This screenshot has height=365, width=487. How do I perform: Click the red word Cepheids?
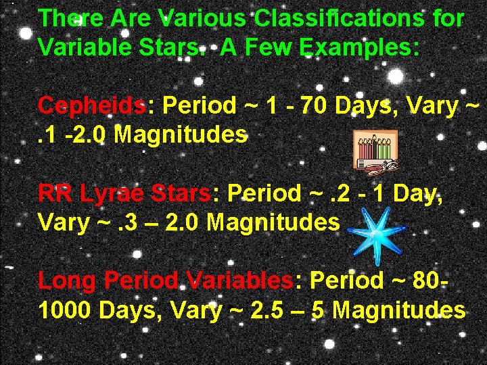pyautogui.click(x=91, y=106)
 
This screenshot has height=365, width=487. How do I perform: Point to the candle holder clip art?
pyautogui.click(x=376, y=149)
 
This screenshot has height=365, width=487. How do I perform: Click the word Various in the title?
pyautogui.click(x=204, y=19)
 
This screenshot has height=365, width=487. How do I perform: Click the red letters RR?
pyautogui.click(x=55, y=194)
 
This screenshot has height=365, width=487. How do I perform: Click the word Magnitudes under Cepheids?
pyautogui.click(x=181, y=135)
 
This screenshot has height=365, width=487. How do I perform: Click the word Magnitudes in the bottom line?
pyautogui.click(x=399, y=310)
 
